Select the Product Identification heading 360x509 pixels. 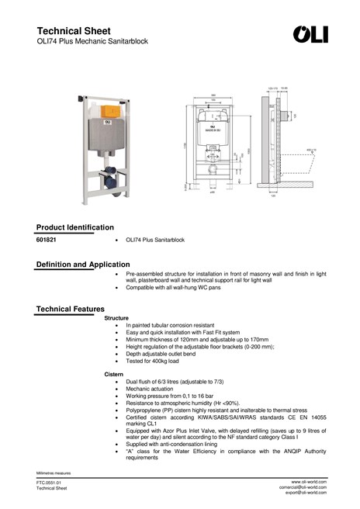click(x=75, y=227)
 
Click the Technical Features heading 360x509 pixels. click(x=71, y=310)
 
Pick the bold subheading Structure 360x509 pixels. click(x=116, y=318)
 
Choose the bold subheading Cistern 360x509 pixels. click(x=114, y=375)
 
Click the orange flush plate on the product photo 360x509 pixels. click(x=106, y=109)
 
